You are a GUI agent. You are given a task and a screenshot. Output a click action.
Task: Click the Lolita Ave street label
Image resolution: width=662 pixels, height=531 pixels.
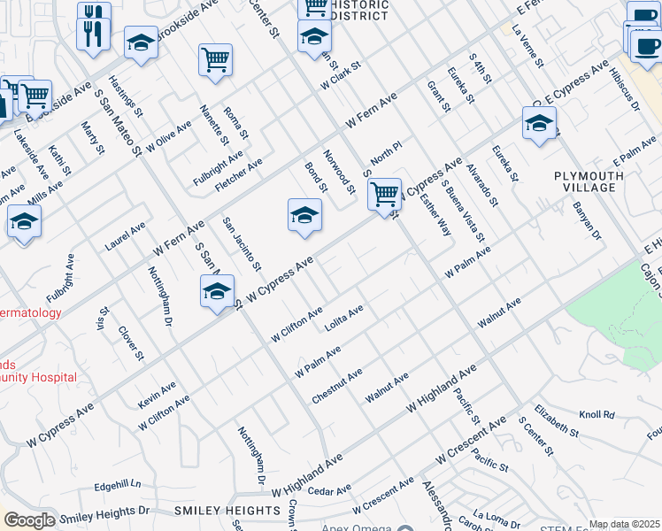[x=344, y=319]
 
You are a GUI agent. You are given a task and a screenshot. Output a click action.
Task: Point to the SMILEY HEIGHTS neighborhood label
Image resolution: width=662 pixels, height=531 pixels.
[x=227, y=511]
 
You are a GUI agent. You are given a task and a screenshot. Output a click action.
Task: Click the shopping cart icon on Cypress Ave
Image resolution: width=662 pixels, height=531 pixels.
[x=384, y=194]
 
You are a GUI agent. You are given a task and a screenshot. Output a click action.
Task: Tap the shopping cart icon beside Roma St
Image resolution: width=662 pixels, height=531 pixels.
[x=215, y=60]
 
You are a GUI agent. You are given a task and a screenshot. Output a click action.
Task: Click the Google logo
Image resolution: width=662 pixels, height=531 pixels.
[x=29, y=520]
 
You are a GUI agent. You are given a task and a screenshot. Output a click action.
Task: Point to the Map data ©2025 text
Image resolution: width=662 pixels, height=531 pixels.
[x=624, y=524]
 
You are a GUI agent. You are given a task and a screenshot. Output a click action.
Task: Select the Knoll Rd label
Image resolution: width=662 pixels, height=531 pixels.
[x=597, y=414]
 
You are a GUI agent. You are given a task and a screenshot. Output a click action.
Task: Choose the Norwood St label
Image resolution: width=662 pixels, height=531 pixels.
[x=339, y=172]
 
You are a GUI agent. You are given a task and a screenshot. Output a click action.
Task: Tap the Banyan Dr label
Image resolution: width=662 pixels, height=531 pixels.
[x=587, y=223]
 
